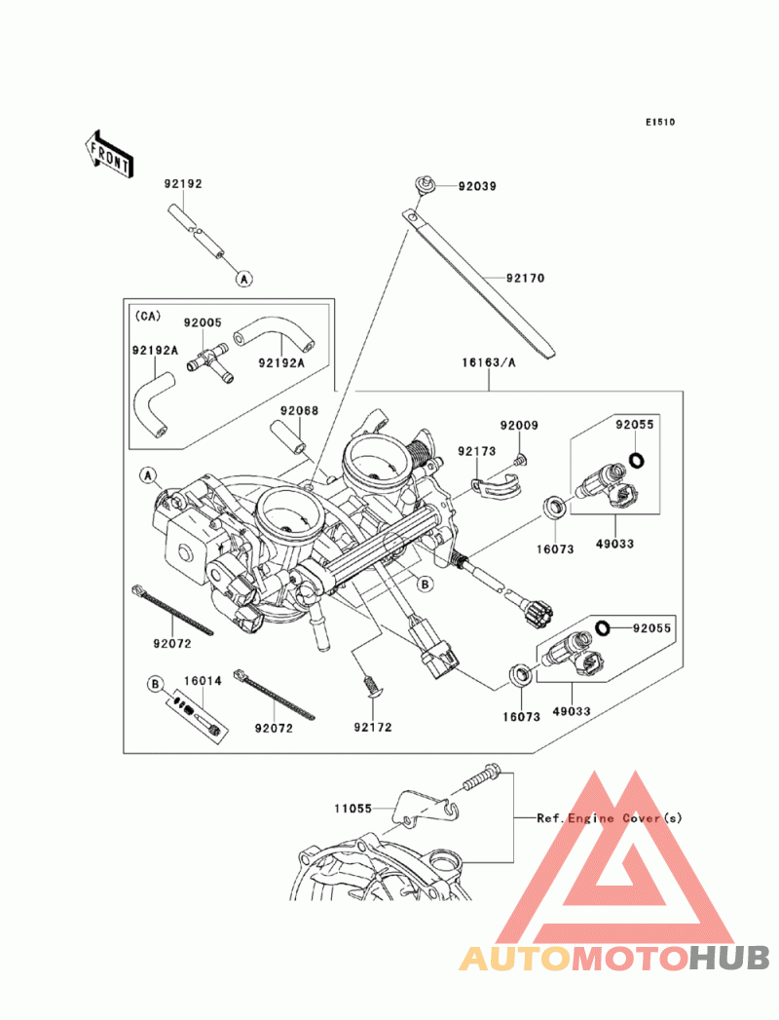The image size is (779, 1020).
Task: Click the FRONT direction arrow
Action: point(108,152)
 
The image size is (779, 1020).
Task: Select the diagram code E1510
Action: point(659,123)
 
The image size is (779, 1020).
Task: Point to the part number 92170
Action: point(525,278)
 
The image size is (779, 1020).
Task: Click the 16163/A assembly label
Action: point(488,363)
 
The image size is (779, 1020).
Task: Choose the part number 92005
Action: point(204,321)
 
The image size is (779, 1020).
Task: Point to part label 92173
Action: point(477,451)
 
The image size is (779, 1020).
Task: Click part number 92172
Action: point(372,727)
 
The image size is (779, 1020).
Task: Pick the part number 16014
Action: point(203,681)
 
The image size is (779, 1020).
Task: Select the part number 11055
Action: point(353,808)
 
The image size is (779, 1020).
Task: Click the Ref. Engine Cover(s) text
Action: point(610,818)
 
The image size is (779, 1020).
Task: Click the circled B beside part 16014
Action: point(154,684)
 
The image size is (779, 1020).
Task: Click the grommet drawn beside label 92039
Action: point(422,183)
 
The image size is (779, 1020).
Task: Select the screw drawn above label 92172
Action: point(371,686)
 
